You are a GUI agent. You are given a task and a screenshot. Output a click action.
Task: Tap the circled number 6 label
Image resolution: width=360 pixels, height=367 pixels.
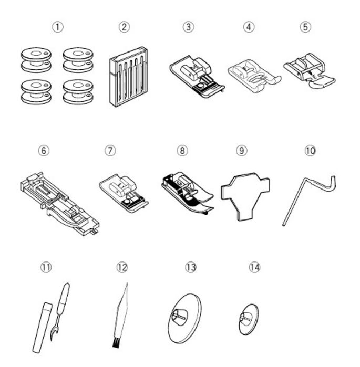[44, 150]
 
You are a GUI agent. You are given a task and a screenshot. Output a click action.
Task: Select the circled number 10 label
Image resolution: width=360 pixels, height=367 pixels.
[311, 150]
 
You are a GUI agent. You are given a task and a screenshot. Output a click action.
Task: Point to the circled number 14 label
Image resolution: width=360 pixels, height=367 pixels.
[254, 267]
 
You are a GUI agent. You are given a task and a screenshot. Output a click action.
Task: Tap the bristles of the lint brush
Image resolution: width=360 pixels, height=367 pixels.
[114, 344]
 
